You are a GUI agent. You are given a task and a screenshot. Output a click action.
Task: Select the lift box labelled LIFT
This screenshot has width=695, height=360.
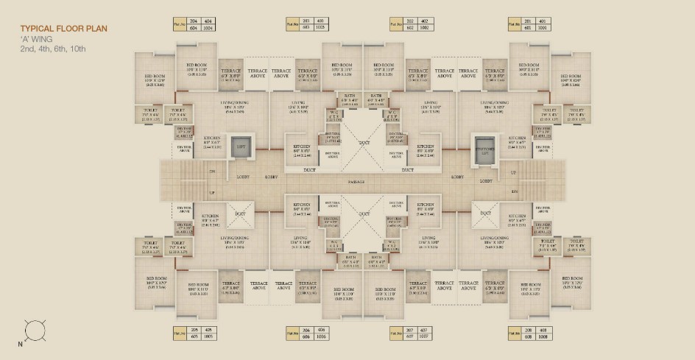tap(239, 145)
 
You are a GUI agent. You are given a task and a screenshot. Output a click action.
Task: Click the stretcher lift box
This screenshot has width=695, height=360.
tap(483, 147)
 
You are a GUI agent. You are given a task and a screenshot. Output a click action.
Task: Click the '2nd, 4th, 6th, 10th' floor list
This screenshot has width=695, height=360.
tap(53, 49)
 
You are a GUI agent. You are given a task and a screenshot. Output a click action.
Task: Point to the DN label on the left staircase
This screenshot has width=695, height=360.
tap(211, 172)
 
